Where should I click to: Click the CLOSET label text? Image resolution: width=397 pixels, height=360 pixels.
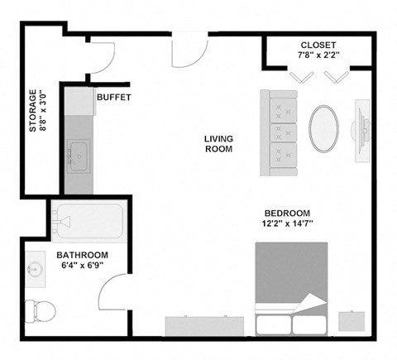coord(318,45)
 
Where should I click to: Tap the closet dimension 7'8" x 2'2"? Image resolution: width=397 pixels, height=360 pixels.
coord(318,56)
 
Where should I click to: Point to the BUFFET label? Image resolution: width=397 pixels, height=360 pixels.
coord(114,98)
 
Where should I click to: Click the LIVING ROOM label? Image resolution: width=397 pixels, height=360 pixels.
coord(218,144)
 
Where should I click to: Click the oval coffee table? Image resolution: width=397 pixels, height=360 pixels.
coord(324,128)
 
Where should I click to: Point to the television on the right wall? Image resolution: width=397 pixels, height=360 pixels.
coord(361,129)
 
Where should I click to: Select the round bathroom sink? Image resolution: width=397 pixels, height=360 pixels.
coord(35,270)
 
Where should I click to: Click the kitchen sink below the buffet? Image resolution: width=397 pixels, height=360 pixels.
coord(80,154)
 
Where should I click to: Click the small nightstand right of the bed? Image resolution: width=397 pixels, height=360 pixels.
coord(352,320)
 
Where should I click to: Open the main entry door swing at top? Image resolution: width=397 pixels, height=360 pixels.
coord(189,54)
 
